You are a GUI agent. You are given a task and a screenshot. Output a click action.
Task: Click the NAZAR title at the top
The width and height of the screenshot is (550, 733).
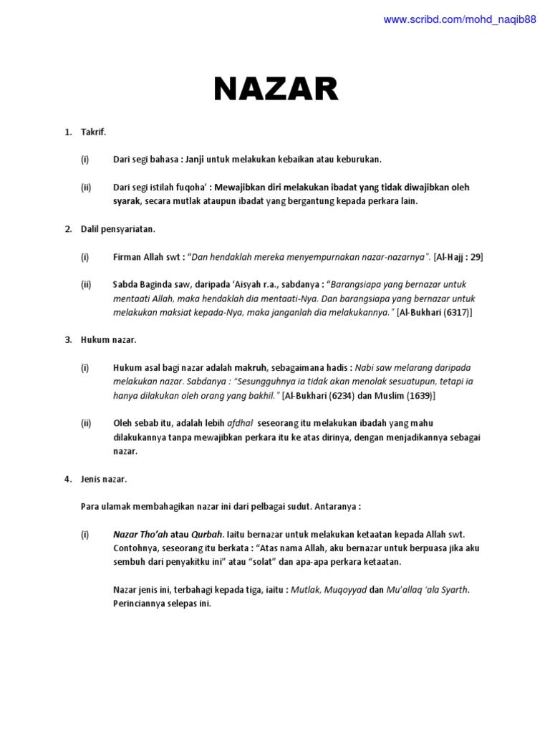coord(276,90)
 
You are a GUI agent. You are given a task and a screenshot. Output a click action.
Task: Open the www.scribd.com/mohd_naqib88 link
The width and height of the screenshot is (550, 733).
coord(459,20)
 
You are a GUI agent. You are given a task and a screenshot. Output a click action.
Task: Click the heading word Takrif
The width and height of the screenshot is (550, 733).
coord(93,132)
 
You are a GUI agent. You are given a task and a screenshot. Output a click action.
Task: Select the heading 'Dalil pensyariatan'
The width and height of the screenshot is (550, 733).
coord(117,230)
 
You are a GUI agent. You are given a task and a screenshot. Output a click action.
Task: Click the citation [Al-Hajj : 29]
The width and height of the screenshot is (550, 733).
coord(458,257)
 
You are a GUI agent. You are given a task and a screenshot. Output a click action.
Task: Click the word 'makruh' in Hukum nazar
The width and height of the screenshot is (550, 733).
coord(250,368)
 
